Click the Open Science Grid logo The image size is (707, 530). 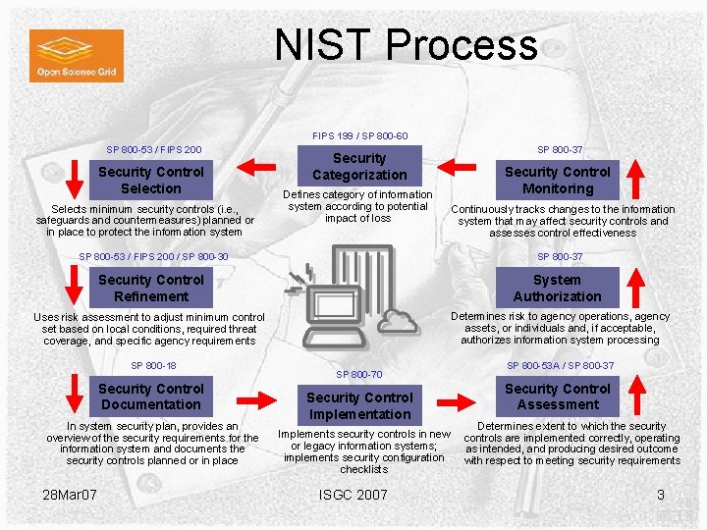76,55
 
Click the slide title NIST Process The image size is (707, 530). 406,45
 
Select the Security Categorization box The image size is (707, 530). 359,166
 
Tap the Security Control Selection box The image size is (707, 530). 151,180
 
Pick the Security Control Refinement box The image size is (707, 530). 151,288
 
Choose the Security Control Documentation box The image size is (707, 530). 151,397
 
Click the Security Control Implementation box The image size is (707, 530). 359,405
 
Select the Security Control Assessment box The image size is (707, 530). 557,397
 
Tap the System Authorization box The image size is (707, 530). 557,288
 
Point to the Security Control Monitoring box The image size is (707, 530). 557,180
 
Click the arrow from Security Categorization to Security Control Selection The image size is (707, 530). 262,165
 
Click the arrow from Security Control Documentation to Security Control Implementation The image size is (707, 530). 262,400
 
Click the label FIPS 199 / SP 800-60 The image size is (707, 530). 359,135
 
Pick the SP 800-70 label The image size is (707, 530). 359,374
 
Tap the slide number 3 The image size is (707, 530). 661,494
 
